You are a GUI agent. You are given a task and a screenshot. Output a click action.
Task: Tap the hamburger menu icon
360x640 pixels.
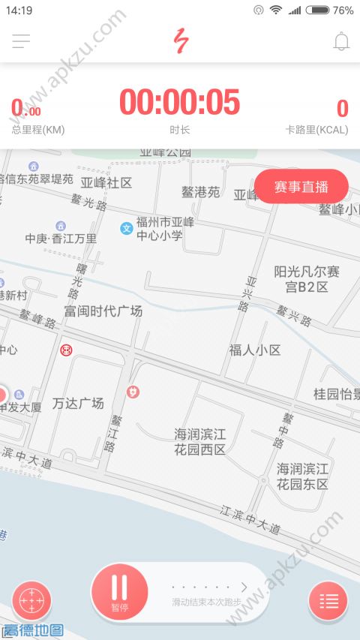[21, 42]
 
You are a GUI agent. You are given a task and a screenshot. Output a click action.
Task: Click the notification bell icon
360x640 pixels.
[341, 42]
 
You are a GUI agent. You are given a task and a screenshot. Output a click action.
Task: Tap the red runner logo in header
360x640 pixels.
[179, 41]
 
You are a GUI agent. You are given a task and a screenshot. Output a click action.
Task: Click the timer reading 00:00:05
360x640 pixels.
[180, 103]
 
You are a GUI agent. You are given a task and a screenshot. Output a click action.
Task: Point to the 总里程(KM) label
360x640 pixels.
[38, 130]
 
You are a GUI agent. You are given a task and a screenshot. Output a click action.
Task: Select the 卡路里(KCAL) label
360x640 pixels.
[317, 130]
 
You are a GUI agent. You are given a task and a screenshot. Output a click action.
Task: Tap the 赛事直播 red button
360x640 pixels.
[301, 187]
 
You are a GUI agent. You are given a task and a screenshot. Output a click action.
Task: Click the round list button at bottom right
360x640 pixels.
[328, 601]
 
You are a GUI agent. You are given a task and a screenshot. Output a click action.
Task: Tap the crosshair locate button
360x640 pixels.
[31, 601]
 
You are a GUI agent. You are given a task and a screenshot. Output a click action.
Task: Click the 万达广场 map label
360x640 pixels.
[78, 403]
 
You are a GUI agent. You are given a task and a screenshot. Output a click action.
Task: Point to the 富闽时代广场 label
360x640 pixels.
[103, 310]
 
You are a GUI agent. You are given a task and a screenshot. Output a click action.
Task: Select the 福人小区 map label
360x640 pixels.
[255, 350]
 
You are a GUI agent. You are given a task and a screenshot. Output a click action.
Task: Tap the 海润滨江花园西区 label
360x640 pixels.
[199, 442]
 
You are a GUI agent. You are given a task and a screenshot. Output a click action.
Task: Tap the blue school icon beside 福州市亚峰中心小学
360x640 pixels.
[127, 228]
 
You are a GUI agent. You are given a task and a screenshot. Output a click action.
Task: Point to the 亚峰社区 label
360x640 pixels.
[106, 182]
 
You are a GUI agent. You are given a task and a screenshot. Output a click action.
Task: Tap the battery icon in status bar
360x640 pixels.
[317, 11]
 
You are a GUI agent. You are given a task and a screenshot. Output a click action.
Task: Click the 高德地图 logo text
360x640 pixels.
[33, 630]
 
